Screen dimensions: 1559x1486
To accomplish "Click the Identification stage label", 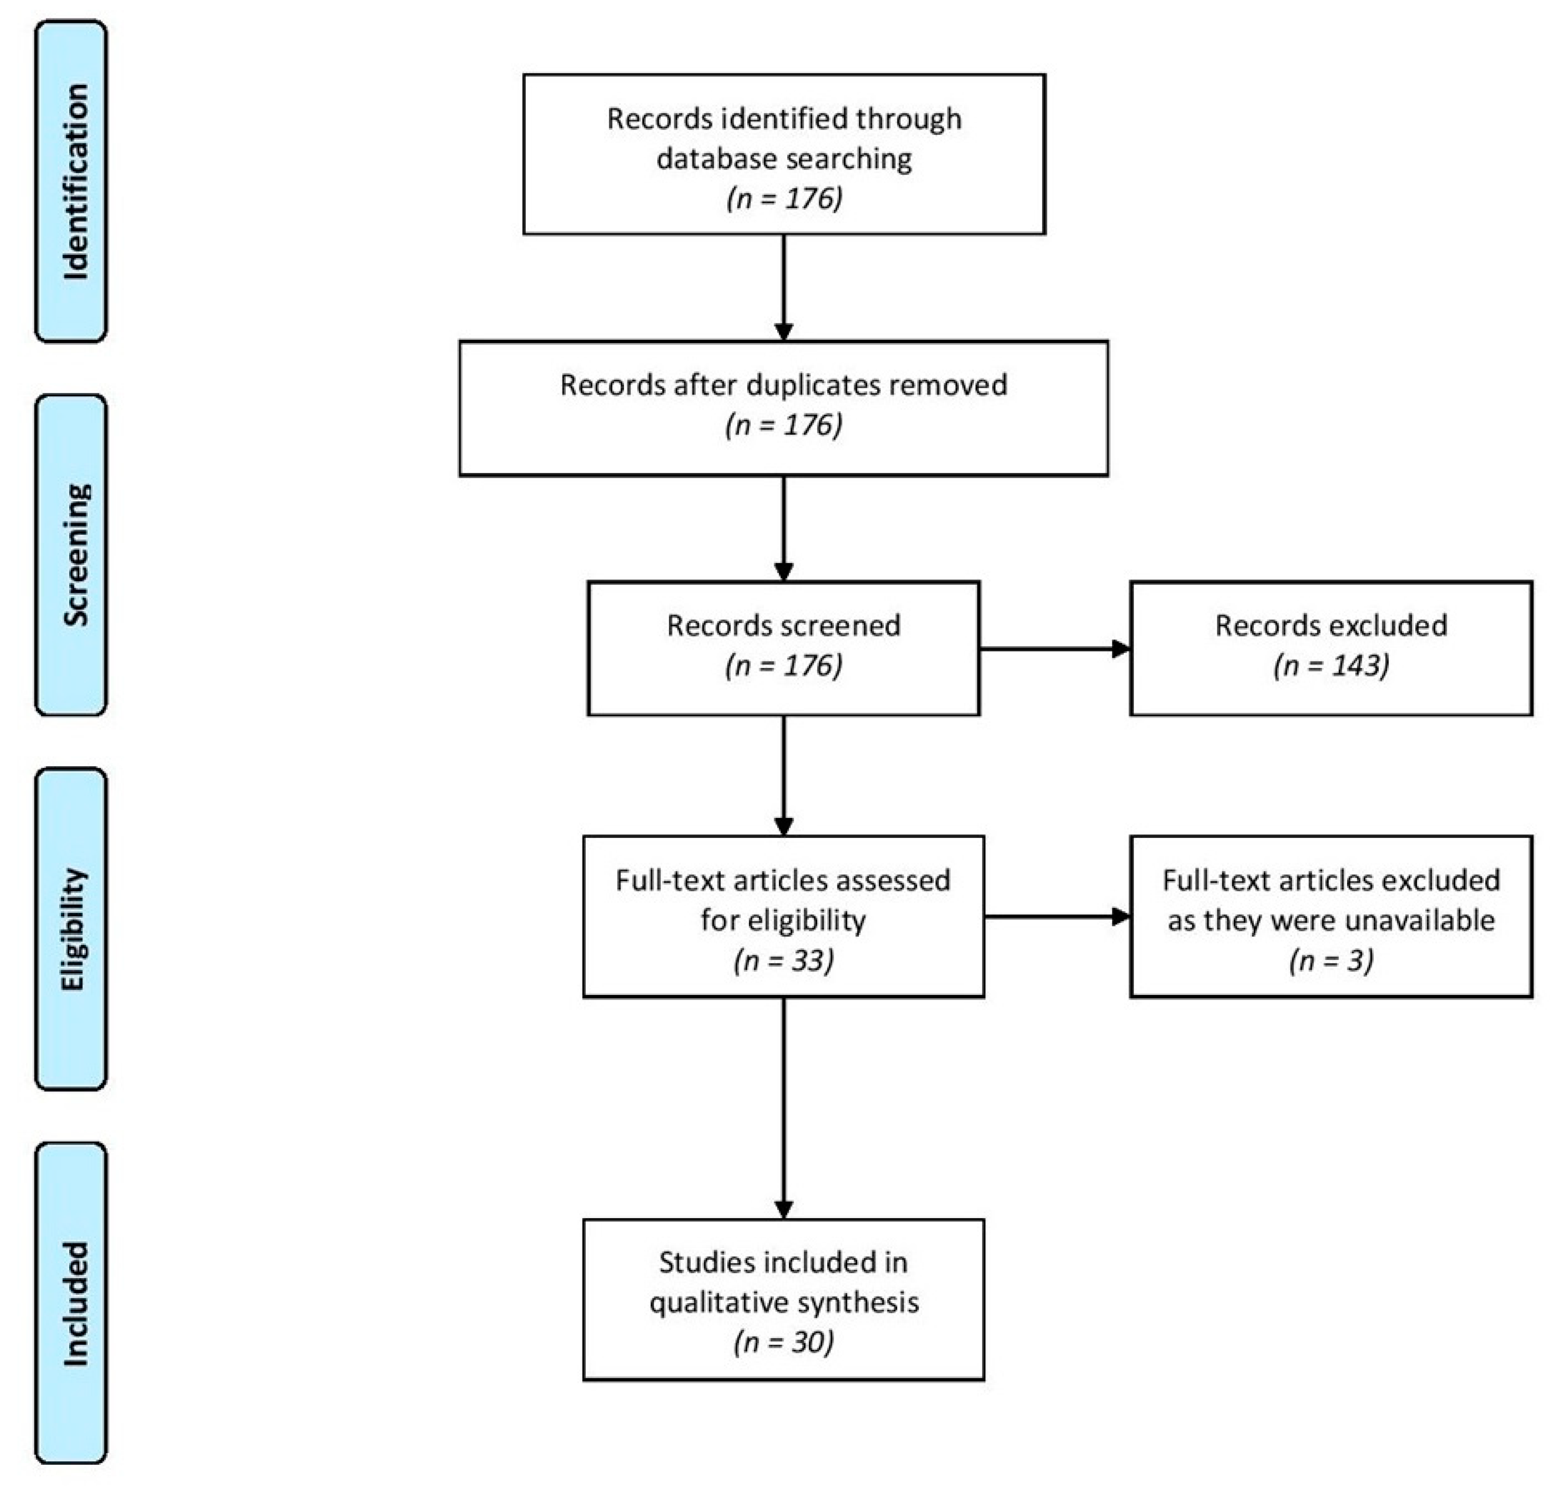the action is [71, 182].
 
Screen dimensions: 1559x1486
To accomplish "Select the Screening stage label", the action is [71, 554].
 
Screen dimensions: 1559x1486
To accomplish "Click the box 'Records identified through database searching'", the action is [784, 155].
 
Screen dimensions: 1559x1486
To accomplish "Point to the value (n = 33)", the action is [784, 961].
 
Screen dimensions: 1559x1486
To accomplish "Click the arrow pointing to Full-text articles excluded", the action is [1057, 917].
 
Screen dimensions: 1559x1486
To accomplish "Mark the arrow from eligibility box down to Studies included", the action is [784, 1108].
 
